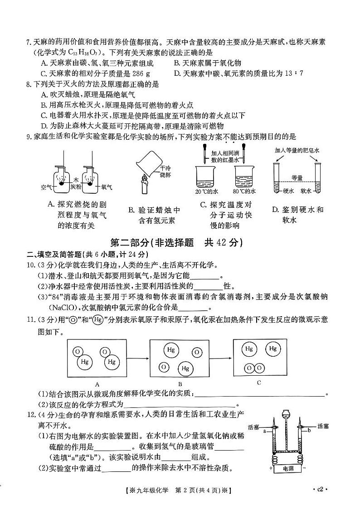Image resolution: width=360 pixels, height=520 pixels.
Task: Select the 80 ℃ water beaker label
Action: (245, 192)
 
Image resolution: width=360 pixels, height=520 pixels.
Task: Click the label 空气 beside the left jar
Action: (46, 186)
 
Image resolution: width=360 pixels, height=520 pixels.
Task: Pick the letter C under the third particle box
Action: (258, 383)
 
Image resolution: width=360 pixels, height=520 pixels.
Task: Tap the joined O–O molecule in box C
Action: (253, 368)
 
